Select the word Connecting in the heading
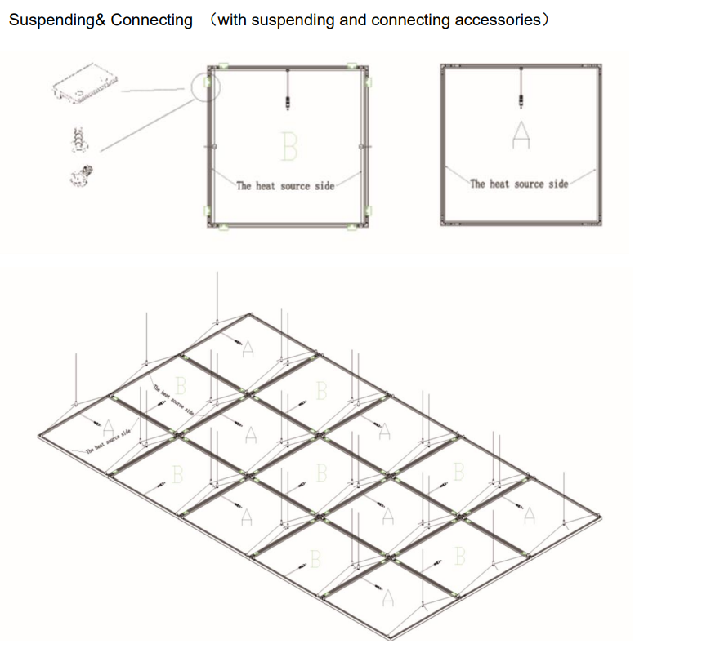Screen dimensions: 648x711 152,20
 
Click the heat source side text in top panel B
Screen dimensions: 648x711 285,186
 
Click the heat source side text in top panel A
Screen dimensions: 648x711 519,184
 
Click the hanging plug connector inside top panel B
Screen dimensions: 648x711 288,102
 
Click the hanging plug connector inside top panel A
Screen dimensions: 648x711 521,100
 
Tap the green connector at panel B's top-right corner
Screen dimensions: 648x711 353,64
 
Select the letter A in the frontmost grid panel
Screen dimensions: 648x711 387,598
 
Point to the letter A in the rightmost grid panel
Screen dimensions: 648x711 530,515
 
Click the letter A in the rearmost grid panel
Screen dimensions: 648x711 248,348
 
